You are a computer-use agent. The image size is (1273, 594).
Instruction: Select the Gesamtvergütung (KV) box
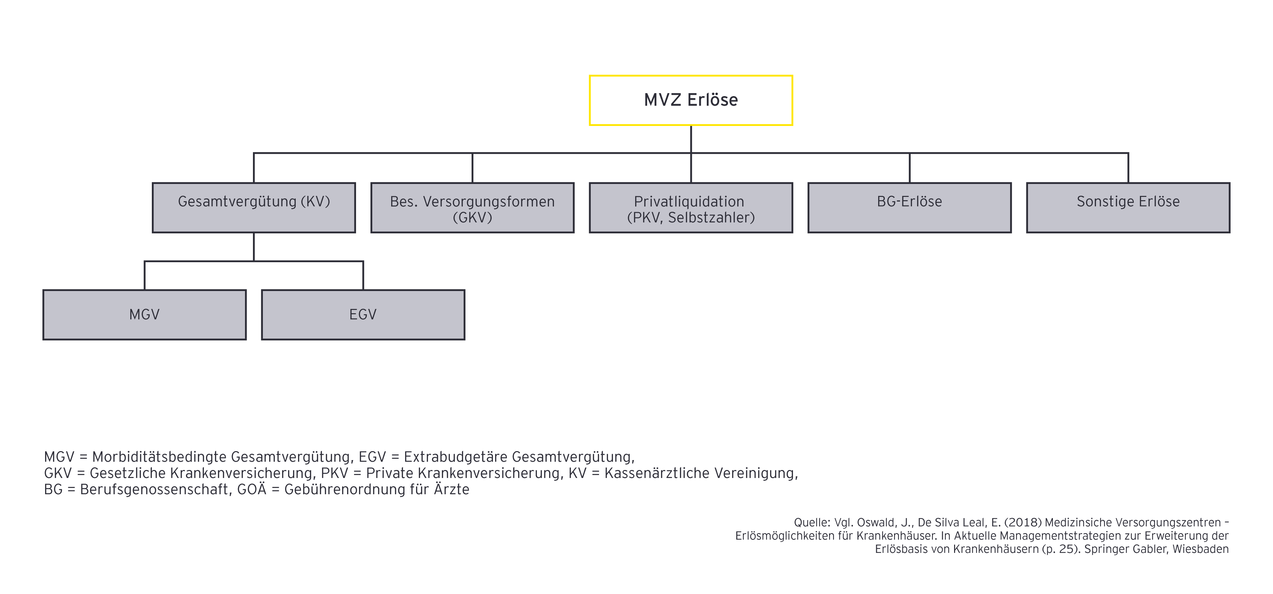tap(254, 208)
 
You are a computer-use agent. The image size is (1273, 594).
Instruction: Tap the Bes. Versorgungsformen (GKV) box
tap(472, 208)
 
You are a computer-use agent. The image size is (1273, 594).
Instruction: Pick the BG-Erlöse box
tap(909, 208)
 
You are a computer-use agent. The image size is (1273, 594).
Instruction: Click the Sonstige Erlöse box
tap(1128, 208)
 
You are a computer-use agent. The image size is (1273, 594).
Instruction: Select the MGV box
tap(144, 315)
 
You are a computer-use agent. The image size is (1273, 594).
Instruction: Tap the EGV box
tap(363, 315)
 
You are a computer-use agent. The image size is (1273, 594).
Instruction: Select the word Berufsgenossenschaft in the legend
tap(154, 490)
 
